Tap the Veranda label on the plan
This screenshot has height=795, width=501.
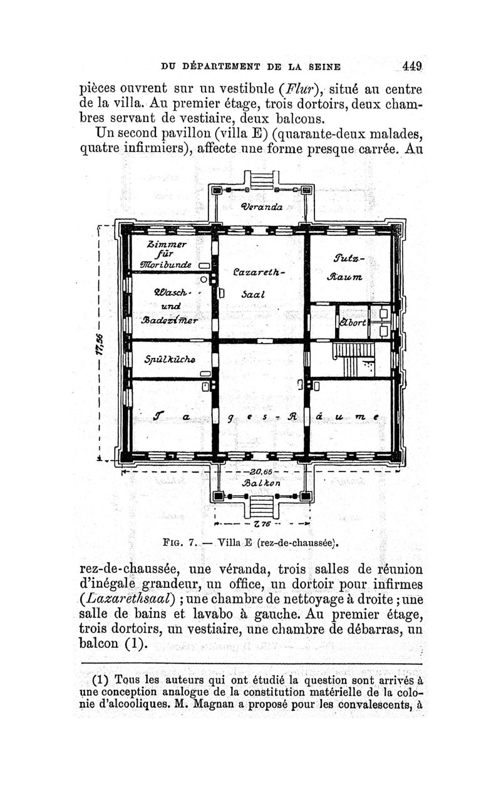coord(262,207)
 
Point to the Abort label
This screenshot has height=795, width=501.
coord(353,322)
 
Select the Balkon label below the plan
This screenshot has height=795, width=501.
coord(262,484)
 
